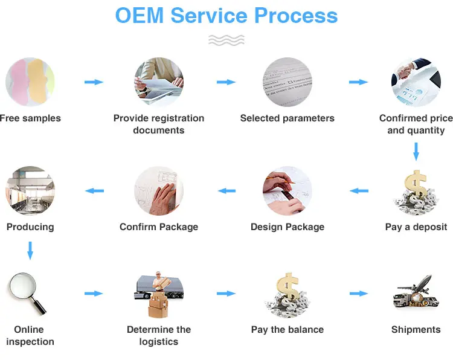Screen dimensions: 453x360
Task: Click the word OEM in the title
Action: click(140, 15)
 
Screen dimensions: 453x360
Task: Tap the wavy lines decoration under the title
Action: click(226, 40)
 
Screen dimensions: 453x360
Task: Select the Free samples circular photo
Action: click(30, 82)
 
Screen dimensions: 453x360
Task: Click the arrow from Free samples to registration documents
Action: click(94, 82)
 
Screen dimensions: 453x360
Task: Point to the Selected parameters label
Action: click(287, 118)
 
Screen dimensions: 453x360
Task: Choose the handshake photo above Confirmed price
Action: click(416, 82)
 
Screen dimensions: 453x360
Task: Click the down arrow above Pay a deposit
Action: click(416, 152)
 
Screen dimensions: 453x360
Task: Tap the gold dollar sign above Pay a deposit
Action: click(416, 184)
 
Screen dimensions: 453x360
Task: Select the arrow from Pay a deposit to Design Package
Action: click(359, 191)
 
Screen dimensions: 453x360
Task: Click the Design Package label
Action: click(288, 227)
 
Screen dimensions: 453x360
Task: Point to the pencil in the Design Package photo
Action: click(281, 180)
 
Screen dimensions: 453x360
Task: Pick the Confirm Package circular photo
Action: click(159, 191)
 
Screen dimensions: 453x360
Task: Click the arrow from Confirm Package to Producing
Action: click(94, 191)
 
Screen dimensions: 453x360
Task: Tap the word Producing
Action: click(30, 227)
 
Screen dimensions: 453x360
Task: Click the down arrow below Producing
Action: click(30, 251)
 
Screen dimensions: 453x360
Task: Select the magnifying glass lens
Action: click(23, 286)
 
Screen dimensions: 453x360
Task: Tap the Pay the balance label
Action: click(288, 329)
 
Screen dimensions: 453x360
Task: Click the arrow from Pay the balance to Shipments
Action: click(359, 294)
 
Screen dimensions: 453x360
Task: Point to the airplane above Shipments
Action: click(416, 284)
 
